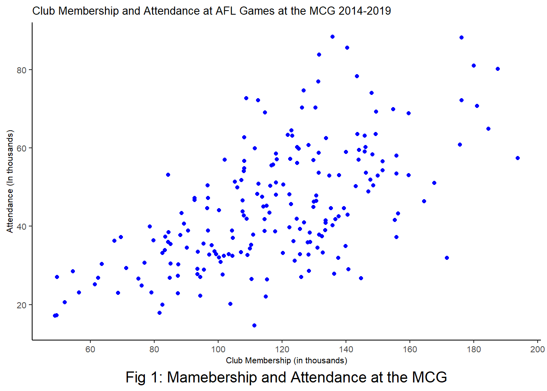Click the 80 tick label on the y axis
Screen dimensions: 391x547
21,70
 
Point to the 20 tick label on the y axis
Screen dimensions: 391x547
21,305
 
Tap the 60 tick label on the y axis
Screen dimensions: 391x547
21,148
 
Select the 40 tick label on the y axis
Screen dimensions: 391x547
21,226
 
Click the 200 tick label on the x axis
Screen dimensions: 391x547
537,349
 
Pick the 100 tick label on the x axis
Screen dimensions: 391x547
218,349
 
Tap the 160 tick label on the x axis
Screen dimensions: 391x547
410,349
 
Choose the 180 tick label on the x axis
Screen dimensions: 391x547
474,349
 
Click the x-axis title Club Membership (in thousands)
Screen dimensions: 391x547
287,360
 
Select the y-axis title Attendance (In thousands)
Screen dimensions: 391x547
10,181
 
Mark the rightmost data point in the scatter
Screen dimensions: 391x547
518,158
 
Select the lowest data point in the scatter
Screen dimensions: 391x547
254,325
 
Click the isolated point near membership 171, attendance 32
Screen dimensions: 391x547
447,258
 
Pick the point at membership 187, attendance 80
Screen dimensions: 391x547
498,69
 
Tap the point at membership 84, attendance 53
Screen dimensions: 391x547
168,175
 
